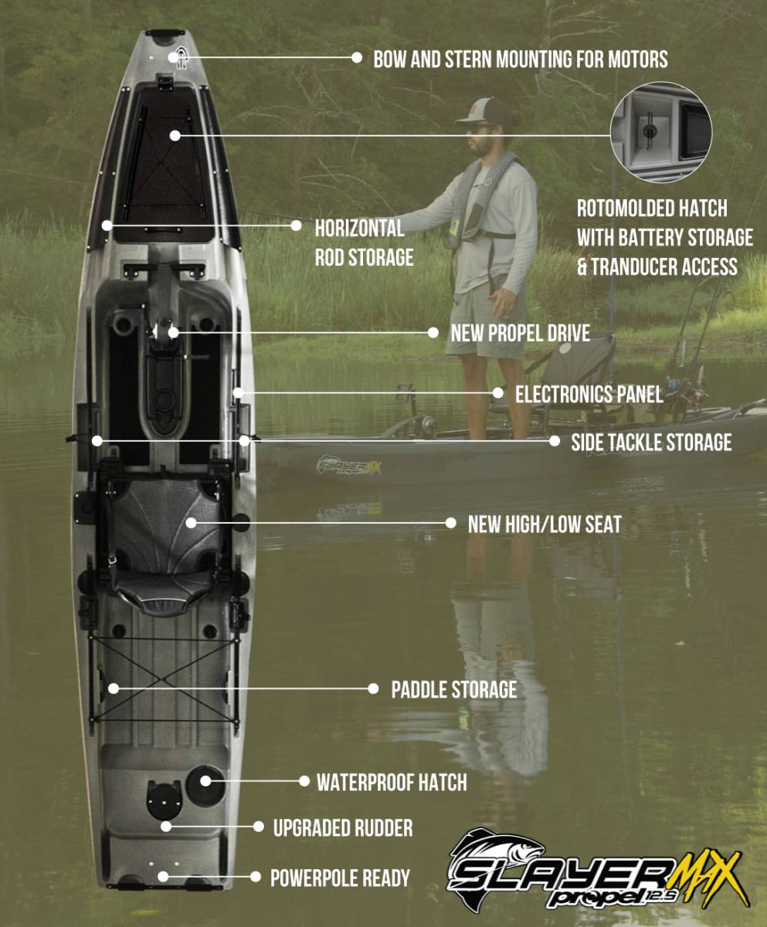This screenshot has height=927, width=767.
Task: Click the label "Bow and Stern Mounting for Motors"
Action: click(520, 59)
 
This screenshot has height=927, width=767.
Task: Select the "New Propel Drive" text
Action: click(520, 333)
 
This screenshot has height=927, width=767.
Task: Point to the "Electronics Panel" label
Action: click(589, 394)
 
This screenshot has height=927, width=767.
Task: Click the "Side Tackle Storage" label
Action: click(650, 442)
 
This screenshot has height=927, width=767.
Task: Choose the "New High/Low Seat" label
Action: click(544, 524)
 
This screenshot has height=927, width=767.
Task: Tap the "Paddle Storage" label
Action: click(453, 689)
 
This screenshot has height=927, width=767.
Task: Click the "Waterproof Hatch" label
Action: click(392, 782)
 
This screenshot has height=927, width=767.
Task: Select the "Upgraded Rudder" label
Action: click(342, 828)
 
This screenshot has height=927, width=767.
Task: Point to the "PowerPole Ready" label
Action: click(339, 878)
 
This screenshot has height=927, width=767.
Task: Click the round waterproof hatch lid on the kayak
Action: click(205, 780)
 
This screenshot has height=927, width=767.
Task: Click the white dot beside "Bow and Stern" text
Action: click(357, 57)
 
